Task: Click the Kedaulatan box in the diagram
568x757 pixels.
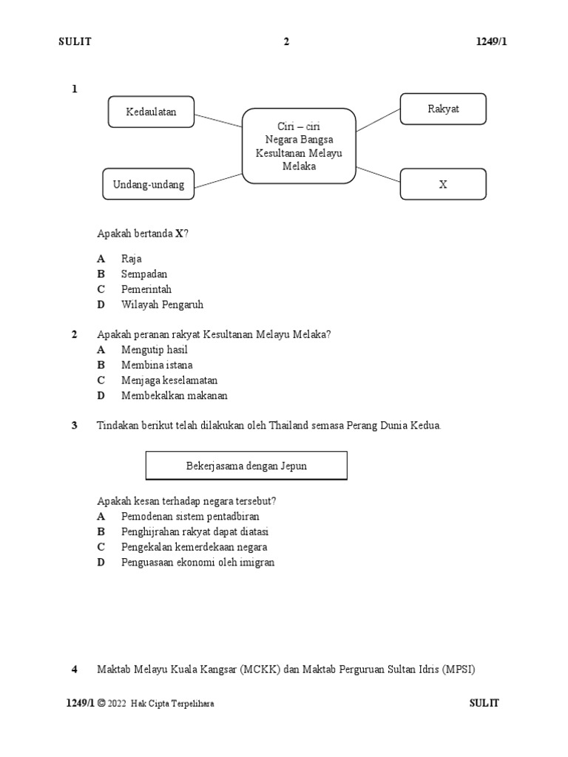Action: [x=151, y=112]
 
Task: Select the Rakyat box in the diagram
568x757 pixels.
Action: [x=443, y=109]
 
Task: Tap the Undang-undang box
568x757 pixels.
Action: [x=149, y=183]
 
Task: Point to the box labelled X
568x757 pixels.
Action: [x=443, y=184]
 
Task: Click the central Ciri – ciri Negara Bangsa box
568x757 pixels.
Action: [x=299, y=146]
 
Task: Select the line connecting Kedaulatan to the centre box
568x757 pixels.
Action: [x=219, y=120]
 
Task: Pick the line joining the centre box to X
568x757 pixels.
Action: [x=378, y=173]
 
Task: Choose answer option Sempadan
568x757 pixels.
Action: [x=144, y=274]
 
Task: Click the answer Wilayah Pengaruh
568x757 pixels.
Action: [x=162, y=305]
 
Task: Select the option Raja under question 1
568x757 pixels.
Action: [x=132, y=259]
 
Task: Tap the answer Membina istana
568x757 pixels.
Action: [x=157, y=365]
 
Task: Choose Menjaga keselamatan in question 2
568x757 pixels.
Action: [x=169, y=381]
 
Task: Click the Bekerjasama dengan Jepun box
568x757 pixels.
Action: [x=246, y=466]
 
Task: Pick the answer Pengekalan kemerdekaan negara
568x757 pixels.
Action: [x=195, y=547]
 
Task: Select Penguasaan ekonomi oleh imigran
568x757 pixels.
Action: [x=197, y=563]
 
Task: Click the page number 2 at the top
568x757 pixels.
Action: [x=286, y=41]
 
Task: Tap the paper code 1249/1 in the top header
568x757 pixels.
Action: [x=491, y=41]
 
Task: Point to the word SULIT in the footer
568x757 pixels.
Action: [x=484, y=703]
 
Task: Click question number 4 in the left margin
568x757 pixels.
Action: [x=74, y=670]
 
